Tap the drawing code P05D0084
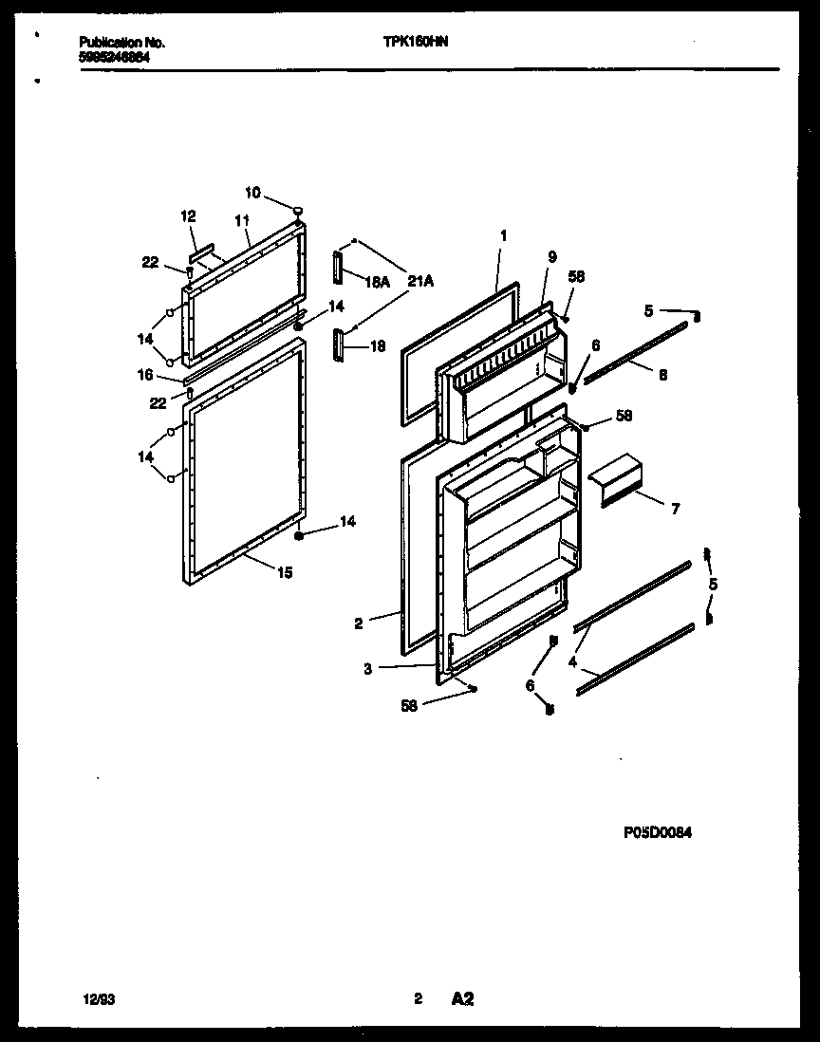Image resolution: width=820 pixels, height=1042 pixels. (657, 832)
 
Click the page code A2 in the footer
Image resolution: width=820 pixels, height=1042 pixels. (462, 998)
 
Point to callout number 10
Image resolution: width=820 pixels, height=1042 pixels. (252, 193)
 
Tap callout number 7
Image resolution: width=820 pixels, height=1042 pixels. (675, 510)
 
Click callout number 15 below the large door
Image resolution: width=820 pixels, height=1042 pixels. (285, 572)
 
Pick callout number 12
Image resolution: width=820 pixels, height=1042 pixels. (187, 217)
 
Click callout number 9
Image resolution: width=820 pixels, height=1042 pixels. (551, 255)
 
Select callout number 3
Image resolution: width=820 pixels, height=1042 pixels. (367, 668)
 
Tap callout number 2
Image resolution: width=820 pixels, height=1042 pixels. (359, 623)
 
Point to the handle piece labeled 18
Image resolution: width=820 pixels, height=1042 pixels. (339, 345)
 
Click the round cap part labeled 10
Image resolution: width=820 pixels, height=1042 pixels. (298, 210)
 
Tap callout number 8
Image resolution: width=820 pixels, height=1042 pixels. (662, 375)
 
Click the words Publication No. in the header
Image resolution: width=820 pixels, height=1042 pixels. (121, 43)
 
